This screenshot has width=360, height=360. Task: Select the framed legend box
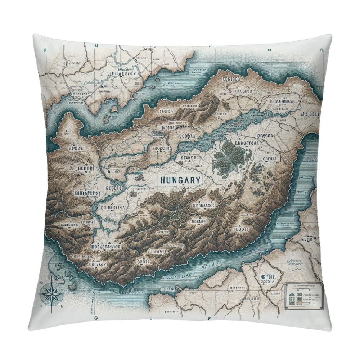click(303, 295)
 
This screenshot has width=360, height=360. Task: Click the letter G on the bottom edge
click(96, 318)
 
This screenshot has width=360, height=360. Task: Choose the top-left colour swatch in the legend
click(291, 293)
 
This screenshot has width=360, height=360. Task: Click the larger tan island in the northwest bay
click(114, 109)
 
